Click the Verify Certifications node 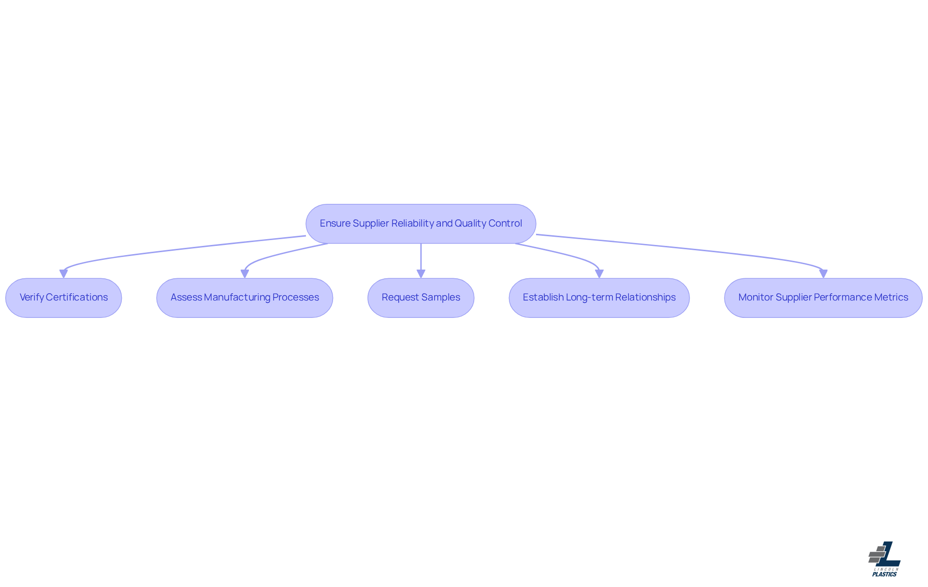click(63, 298)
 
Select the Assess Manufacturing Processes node click(245, 298)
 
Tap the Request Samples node click(420, 298)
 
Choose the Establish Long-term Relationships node click(599, 298)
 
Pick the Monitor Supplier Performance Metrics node click(823, 298)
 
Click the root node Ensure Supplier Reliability click(420, 224)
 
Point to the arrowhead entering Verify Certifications click(63, 273)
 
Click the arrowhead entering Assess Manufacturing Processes click(245, 273)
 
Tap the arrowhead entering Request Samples click(420, 273)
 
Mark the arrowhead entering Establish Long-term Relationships click(599, 273)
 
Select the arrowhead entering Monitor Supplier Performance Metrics click(823, 273)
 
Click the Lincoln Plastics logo click(884, 558)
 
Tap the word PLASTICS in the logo click(884, 574)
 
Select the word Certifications click(77, 298)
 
